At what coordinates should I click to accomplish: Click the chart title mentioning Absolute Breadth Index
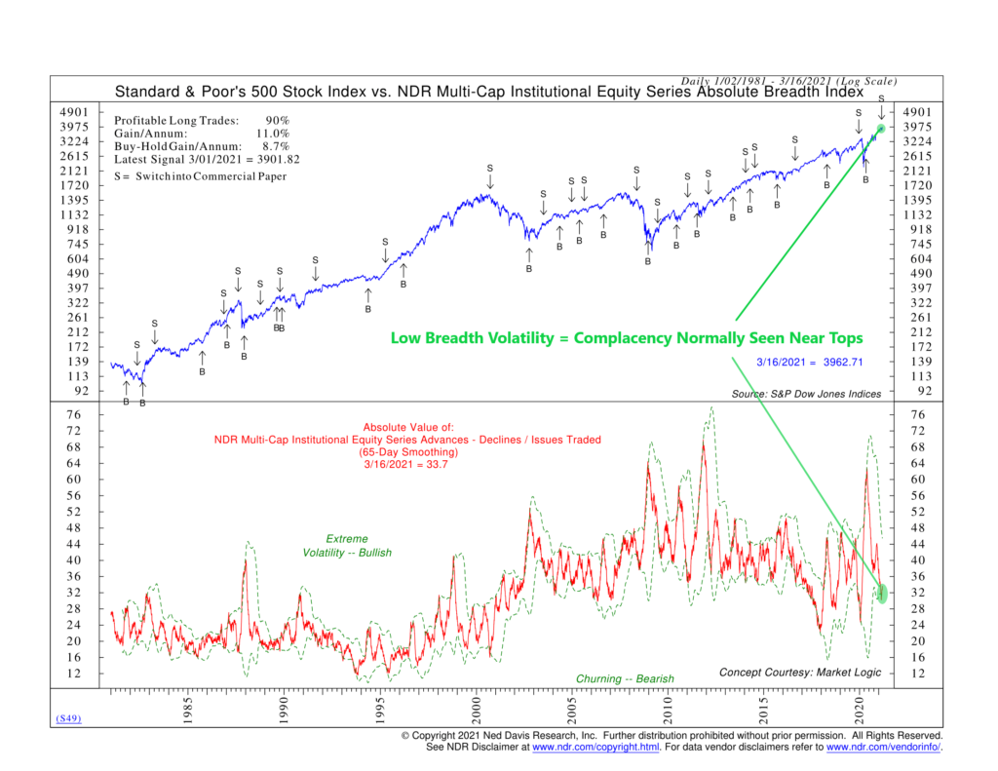pyautogui.click(x=489, y=94)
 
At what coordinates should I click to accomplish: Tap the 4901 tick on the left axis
pyautogui.click(x=75, y=112)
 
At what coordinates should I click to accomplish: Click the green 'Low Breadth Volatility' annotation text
pyautogui.click(x=626, y=338)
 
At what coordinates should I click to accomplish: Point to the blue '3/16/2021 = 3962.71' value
pyautogui.click(x=810, y=363)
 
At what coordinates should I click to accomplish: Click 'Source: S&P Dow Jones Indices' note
pyautogui.click(x=806, y=394)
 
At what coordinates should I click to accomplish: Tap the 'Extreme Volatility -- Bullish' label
pyautogui.click(x=346, y=546)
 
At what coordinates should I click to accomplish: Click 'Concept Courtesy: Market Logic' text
pyautogui.click(x=799, y=673)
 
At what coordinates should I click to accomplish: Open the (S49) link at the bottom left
pyautogui.click(x=66, y=719)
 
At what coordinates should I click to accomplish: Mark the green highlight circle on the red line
pyautogui.click(x=882, y=593)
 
